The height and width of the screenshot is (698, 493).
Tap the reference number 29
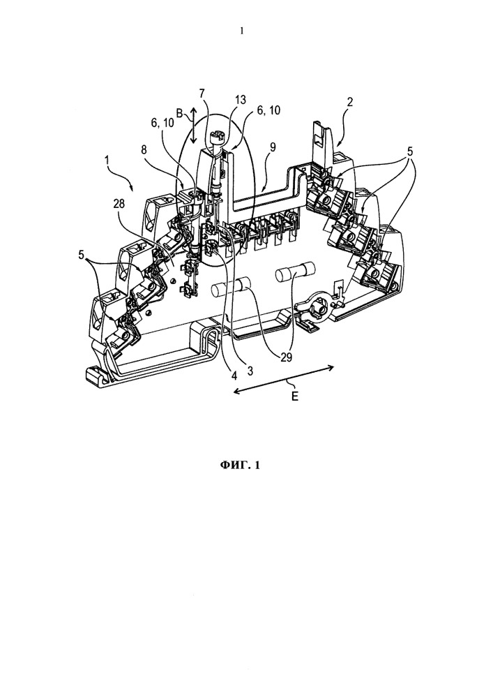point(285,357)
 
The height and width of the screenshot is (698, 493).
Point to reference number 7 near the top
point(202,94)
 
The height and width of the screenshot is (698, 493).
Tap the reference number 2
point(350,101)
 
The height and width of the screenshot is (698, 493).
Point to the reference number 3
point(250,371)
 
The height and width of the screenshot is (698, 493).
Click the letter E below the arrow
point(295,396)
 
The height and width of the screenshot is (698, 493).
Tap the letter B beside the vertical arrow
point(179,114)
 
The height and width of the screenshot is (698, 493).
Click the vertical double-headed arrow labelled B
point(193,125)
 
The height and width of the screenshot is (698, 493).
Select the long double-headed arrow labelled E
point(284,378)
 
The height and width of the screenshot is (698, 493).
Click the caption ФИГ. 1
point(240,466)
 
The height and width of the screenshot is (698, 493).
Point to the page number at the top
point(242,31)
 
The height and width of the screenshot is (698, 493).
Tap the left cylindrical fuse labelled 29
point(230,288)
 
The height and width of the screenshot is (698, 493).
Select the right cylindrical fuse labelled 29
point(295,272)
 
